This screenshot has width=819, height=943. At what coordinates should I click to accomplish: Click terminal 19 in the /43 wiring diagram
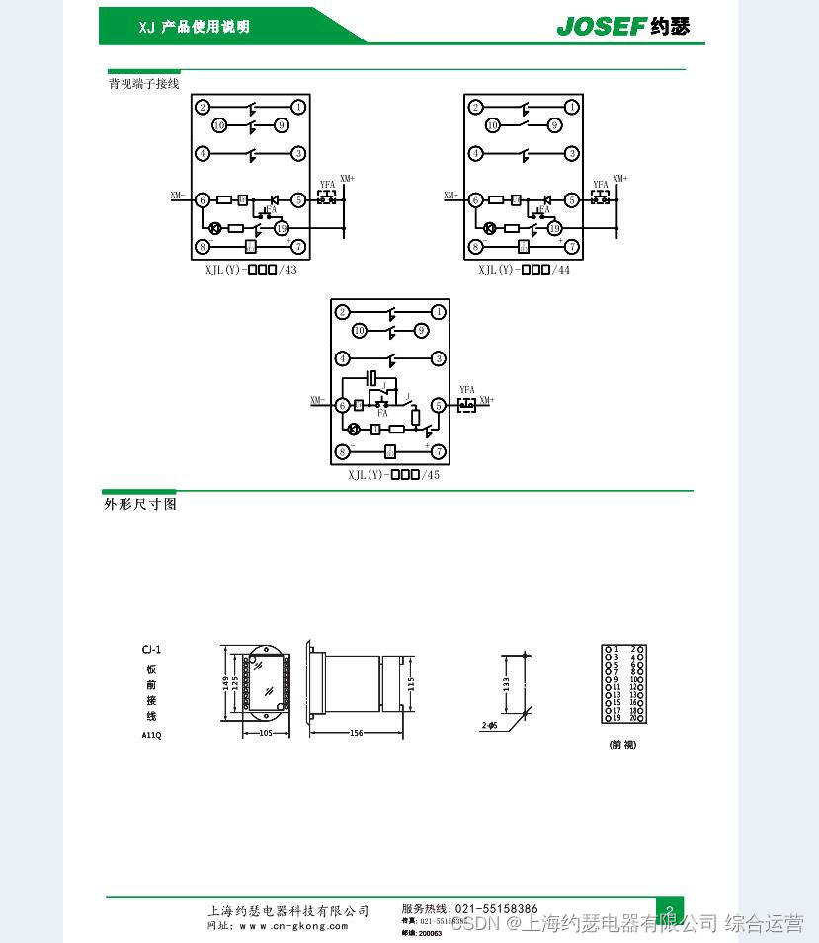(x=280, y=228)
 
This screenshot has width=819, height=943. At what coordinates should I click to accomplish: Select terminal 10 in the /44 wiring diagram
(x=492, y=125)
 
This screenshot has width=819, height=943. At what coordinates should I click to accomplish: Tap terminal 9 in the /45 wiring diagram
(x=421, y=331)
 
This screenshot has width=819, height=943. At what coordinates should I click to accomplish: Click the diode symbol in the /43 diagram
(x=274, y=199)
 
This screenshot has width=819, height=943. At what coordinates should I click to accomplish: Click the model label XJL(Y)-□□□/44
(x=524, y=270)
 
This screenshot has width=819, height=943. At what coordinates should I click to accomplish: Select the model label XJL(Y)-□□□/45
(x=393, y=475)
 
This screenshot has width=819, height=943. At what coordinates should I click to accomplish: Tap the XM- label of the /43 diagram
(x=177, y=196)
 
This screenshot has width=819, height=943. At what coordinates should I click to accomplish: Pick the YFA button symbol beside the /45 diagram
(x=466, y=404)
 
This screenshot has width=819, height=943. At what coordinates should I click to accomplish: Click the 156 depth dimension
(x=356, y=733)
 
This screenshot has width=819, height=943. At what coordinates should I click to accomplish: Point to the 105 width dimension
(x=266, y=733)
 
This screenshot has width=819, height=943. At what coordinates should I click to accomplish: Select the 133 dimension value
(x=506, y=682)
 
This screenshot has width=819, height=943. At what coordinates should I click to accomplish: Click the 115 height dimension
(x=411, y=683)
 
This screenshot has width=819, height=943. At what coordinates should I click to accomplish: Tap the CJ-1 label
(x=151, y=649)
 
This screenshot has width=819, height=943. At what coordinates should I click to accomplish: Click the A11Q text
(x=151, y=736)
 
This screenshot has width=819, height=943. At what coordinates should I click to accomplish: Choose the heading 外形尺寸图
(x=140, y=504)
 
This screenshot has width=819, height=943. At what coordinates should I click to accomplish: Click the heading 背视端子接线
(x=144, y=84)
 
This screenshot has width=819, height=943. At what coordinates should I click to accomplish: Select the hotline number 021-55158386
(x=496, y=909)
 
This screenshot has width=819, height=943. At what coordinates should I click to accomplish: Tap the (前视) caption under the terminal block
(x=622, y=745)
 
